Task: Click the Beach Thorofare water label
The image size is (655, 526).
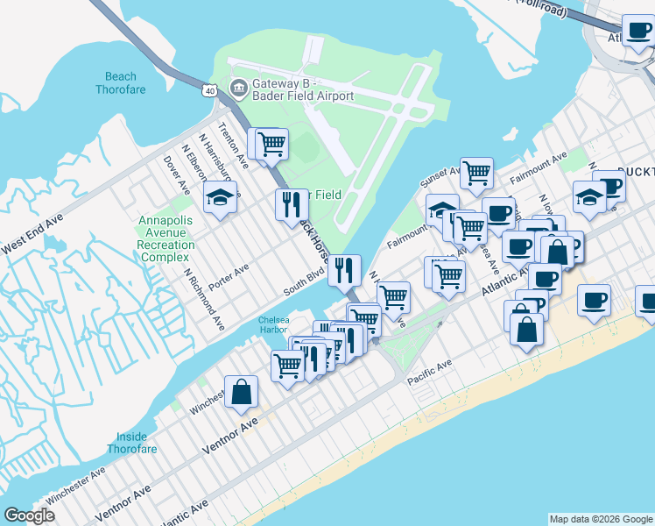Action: [x=121, y=83]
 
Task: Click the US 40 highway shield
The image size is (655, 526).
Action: [x=209, y=89]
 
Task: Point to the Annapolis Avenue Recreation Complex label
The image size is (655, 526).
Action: [x=166, y=238]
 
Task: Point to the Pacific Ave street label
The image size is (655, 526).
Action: [x=427, y=363]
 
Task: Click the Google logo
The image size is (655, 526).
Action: [x=29, y=516]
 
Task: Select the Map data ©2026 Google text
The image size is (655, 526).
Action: [x=601, y=519]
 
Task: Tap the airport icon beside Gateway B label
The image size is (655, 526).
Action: [x=238, y=89]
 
